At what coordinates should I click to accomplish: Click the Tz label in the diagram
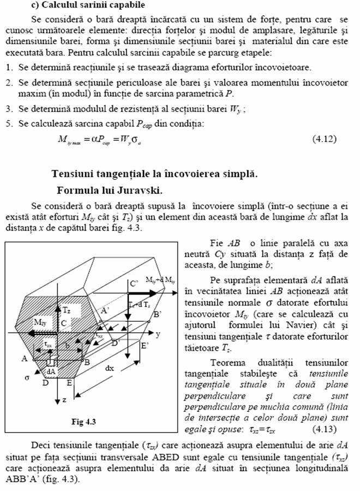[x=67, y=309]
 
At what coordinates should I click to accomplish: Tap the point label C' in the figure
[x=132, y=283]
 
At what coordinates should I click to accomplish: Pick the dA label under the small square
[x=51, y=372]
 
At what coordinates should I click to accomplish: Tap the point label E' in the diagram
[x=144, y=345]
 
